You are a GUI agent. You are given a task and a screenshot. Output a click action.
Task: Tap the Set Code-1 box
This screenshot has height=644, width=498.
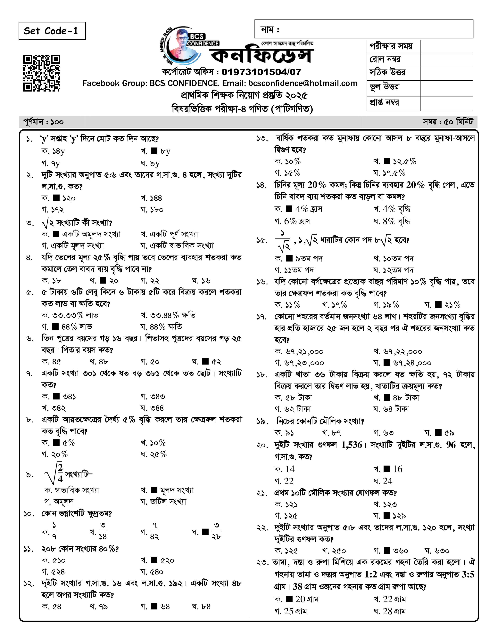52,31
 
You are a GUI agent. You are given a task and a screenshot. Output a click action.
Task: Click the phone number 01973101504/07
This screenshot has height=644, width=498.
261,72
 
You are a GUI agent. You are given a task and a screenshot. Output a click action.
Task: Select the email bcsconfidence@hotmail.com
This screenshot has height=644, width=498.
303,84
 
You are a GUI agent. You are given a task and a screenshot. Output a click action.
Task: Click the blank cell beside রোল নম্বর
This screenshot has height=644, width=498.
446,60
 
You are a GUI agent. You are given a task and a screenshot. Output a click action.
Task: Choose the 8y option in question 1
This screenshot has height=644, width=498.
165,151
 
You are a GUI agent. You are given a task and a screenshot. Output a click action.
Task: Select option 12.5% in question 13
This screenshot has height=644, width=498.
404,162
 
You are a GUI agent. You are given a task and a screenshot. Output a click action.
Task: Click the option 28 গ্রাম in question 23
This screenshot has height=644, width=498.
394,611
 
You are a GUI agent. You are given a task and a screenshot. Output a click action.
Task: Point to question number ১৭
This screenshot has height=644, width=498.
261,317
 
